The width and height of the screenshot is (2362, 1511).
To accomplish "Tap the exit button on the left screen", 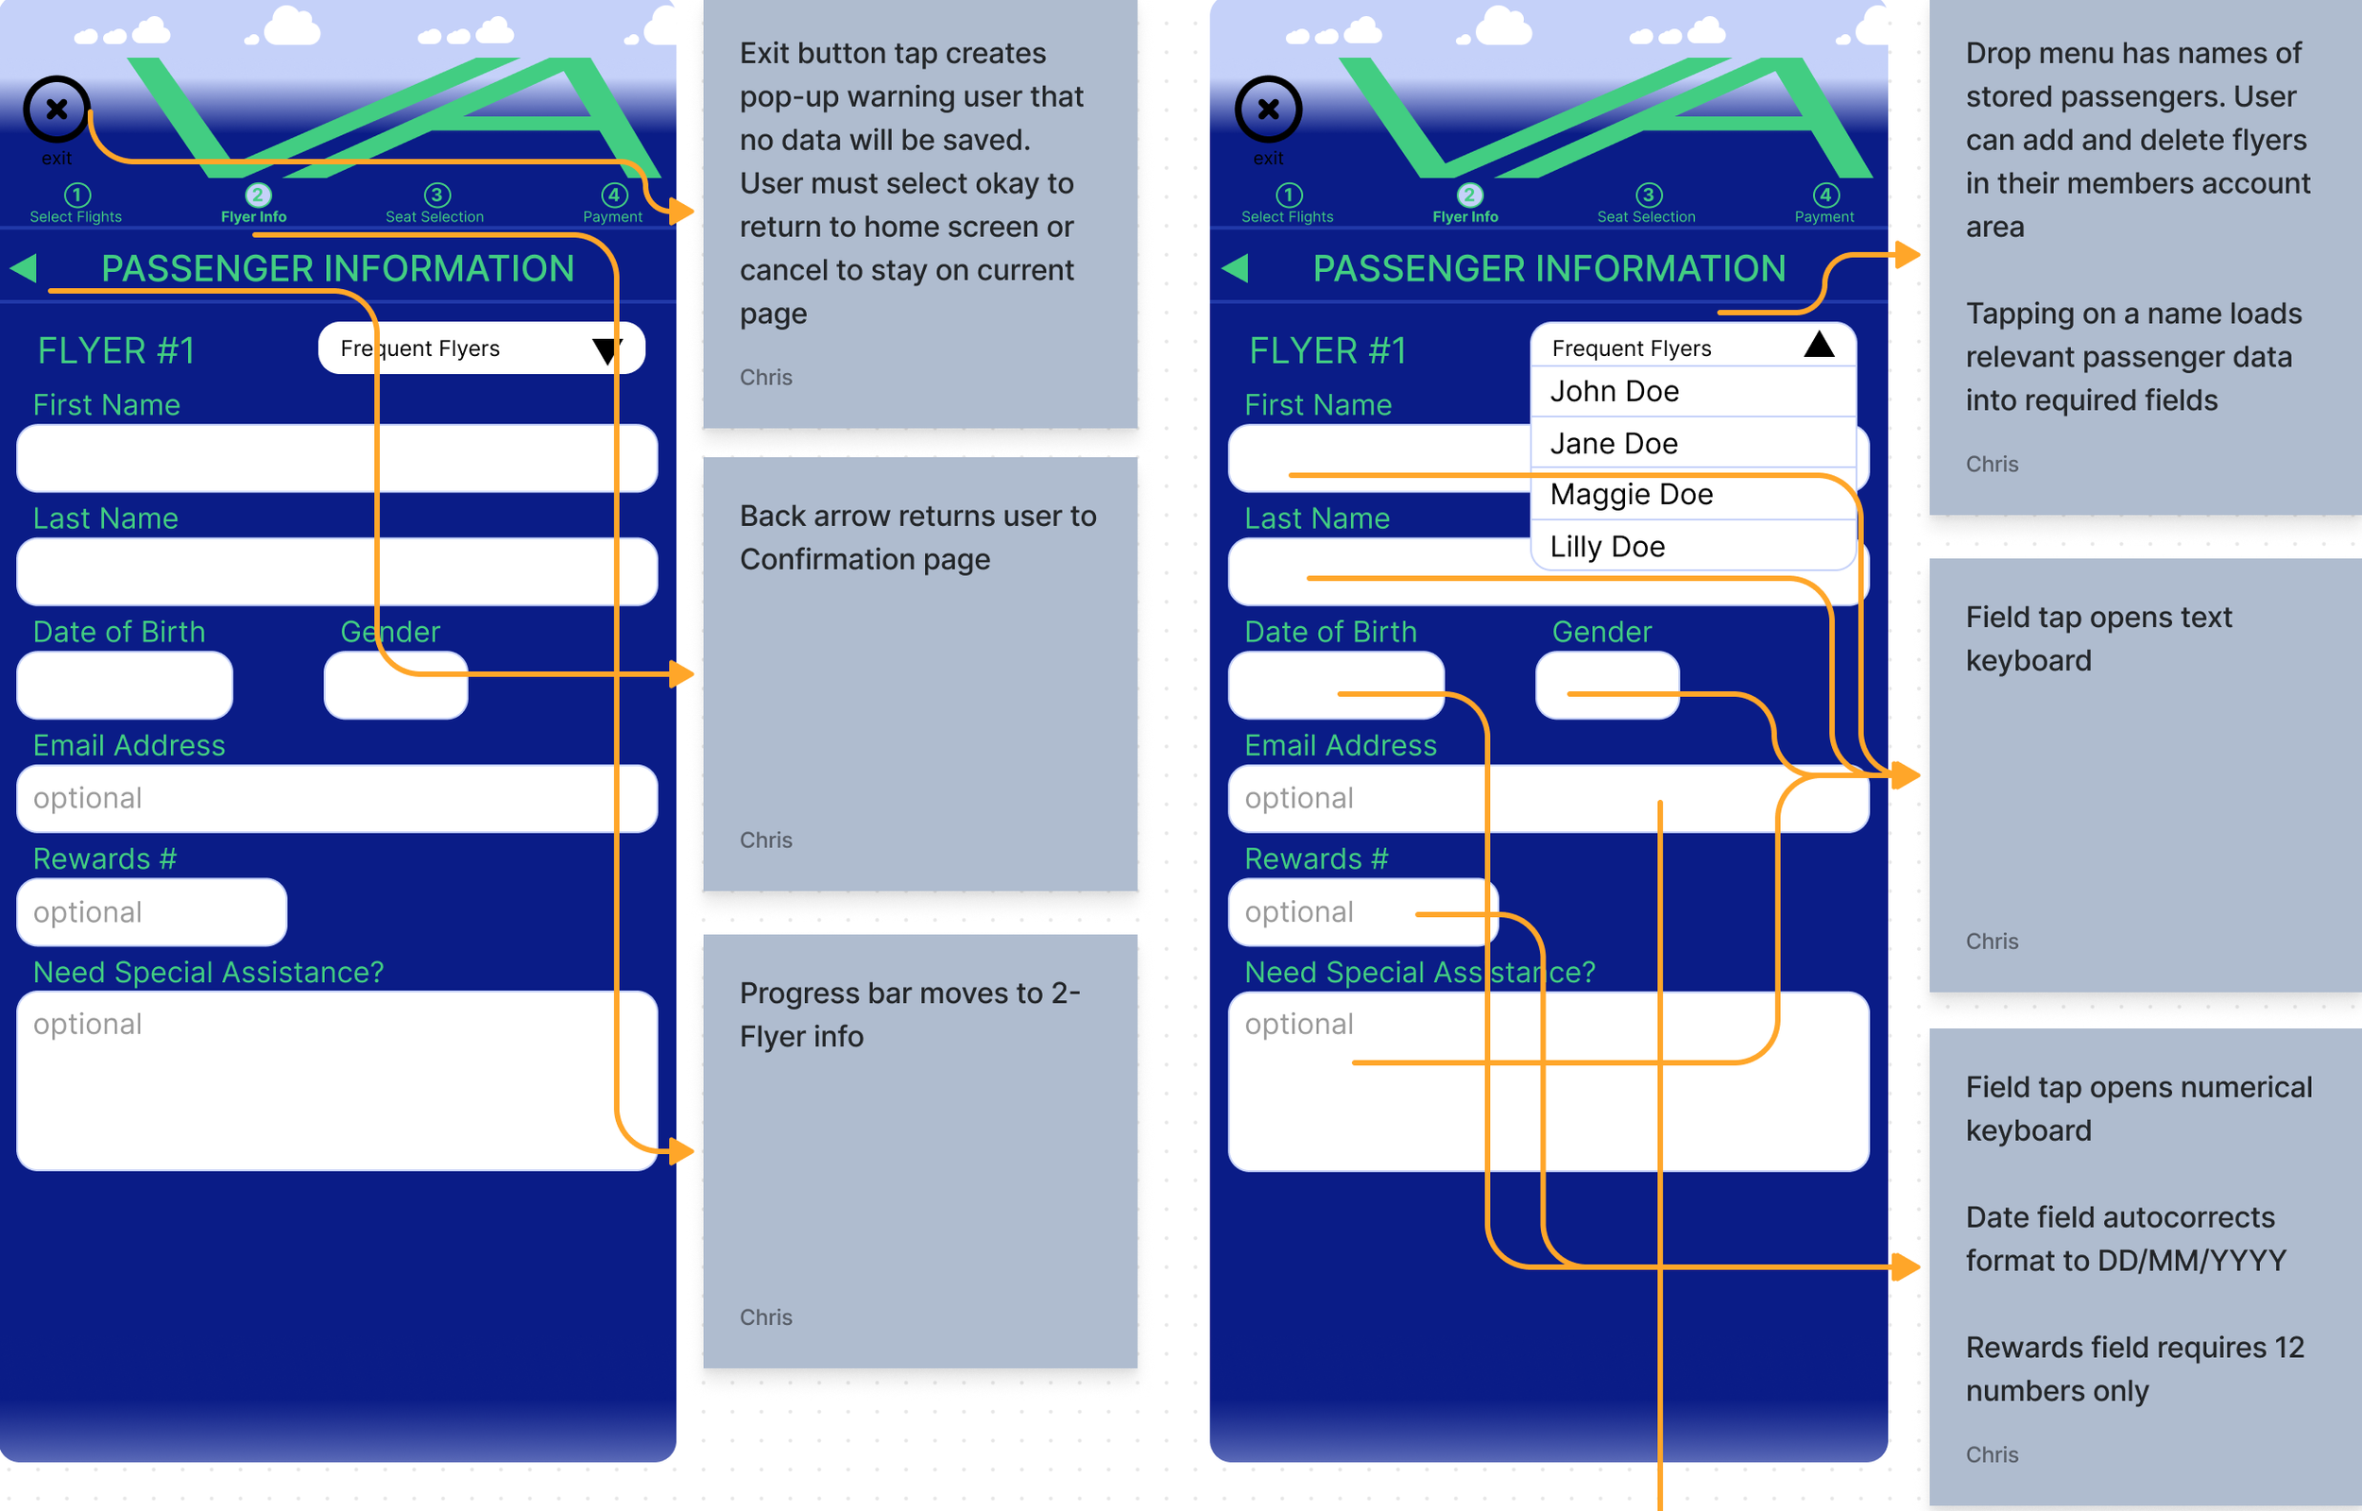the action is tap(57, 109).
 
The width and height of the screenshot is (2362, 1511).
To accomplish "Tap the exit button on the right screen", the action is tap(1268, 109).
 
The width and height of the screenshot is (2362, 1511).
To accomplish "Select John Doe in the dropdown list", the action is tap(1615, 392).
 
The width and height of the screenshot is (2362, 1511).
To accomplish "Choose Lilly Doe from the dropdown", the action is tap(1607, 547).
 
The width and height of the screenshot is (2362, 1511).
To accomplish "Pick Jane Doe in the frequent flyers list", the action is tap(1615, 444).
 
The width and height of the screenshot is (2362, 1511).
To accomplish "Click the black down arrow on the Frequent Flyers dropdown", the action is tap(608, 350).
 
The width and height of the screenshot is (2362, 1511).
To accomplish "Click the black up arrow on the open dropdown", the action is tap(1819, 345).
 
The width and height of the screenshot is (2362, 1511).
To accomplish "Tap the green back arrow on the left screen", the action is tap(24, 268).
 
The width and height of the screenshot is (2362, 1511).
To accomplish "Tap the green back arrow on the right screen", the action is tap(1236, 268).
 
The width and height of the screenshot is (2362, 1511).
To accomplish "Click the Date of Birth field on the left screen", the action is tap(125, 685).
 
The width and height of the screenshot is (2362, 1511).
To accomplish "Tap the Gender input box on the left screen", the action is tap(396, 685).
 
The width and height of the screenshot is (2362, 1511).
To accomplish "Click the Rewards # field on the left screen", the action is tap(151, 911).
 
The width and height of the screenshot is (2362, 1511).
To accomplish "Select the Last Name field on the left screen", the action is tap(336, 571).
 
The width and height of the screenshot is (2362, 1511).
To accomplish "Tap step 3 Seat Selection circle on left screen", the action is tap(436, 195).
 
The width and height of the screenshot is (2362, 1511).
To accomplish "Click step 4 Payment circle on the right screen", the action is tap(1825, 195).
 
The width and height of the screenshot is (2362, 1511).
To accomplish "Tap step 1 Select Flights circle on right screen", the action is tap(1289, 195).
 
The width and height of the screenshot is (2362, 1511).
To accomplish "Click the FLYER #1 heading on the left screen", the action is tap(116, 350).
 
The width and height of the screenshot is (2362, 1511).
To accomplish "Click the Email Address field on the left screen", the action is tap(336, 799).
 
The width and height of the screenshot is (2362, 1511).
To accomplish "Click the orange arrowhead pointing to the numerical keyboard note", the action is tap(1905, 1266).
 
